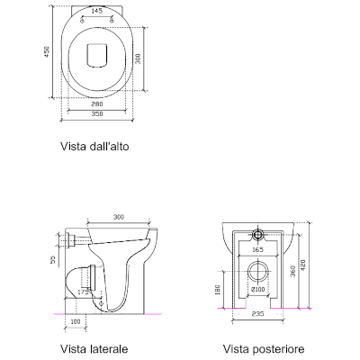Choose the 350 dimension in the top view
tap(95, 117)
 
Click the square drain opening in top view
tap(95, 56)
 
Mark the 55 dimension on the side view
tap(51, 259)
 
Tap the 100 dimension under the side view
tap(76, 320)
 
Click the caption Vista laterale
tap(94, 348)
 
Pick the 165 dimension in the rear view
tap(257, 248)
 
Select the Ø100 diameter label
tap(257, 291)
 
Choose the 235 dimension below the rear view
tap(257, 315)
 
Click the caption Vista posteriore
tap(264, 348)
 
